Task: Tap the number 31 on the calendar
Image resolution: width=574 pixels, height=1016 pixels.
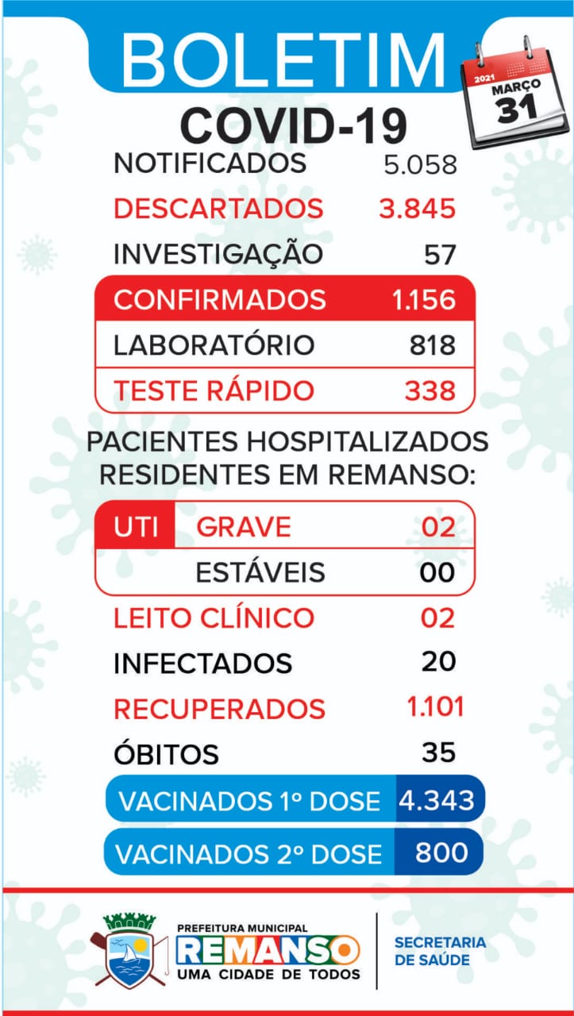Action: point(517,110)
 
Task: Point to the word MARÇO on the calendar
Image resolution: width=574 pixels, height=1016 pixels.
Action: point(516,87)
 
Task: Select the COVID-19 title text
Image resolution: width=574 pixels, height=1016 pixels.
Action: point(294,125)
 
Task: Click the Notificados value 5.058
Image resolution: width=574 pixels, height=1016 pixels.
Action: point(420,164)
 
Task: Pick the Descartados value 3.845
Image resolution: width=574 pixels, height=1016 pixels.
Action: point(418,209)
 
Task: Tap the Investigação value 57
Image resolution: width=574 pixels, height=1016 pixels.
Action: point(440,255)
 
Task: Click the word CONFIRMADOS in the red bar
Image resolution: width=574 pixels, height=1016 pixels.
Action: point(220,299)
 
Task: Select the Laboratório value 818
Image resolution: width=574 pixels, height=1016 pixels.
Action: point(433,344)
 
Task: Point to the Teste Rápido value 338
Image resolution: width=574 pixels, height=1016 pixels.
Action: point(430,391)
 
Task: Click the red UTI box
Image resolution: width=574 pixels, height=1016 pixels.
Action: point(135,525)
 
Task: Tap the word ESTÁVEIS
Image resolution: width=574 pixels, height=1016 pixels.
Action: point(260,572)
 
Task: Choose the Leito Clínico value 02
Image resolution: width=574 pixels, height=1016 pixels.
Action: point(437,618)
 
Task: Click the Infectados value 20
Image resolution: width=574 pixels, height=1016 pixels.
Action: point(438,661)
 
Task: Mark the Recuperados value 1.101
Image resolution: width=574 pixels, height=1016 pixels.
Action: point(436,706)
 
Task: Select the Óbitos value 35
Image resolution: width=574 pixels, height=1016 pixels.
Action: point(438,752)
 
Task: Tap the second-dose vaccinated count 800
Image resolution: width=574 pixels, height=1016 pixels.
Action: point(441,852)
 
